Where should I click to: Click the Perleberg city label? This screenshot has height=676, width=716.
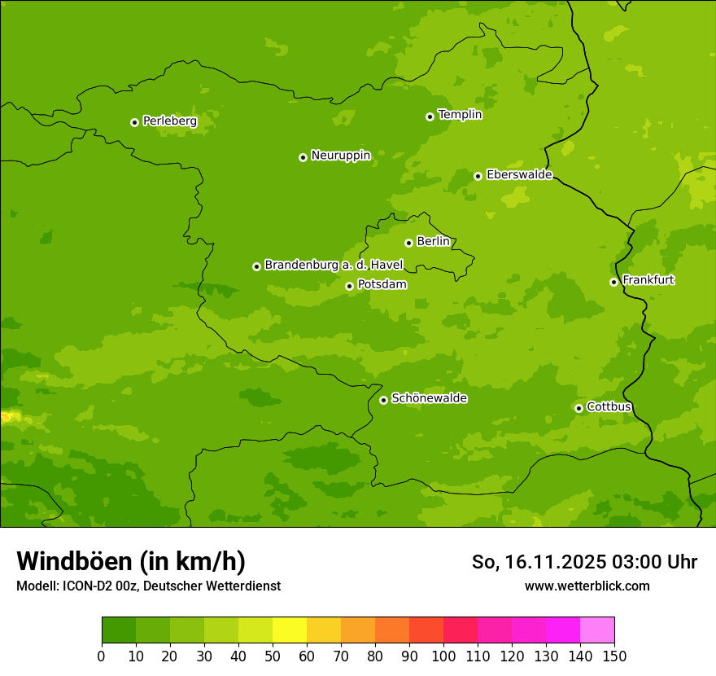point(170,121)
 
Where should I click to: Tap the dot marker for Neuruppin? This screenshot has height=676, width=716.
point(303,157)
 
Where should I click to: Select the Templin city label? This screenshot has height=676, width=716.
point(460,115)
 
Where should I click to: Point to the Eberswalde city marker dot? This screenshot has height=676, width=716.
point(478,176)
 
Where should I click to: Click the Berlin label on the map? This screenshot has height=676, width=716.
point(433,242)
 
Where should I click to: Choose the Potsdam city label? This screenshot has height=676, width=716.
point(382,285)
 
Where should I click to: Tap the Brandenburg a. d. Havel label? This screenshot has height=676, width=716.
point(334,266)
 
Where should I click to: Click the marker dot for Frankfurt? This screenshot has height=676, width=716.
point(613,282)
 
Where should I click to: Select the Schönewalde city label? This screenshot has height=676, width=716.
point(429,398)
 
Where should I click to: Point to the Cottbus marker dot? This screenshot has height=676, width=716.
point(578,408)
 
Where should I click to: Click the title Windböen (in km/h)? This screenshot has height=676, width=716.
point(131,561)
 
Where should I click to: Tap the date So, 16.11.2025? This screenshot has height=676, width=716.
point(539,562)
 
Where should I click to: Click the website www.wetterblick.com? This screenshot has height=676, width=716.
point(587,586)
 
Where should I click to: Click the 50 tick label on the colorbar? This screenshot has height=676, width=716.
point(273,656)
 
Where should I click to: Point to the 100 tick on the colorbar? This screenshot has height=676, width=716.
point(443,656)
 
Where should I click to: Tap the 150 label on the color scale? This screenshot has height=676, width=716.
point(614,656)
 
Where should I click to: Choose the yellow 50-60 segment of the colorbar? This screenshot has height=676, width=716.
point(290,630)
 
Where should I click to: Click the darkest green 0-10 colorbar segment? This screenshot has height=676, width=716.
point(119,630)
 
